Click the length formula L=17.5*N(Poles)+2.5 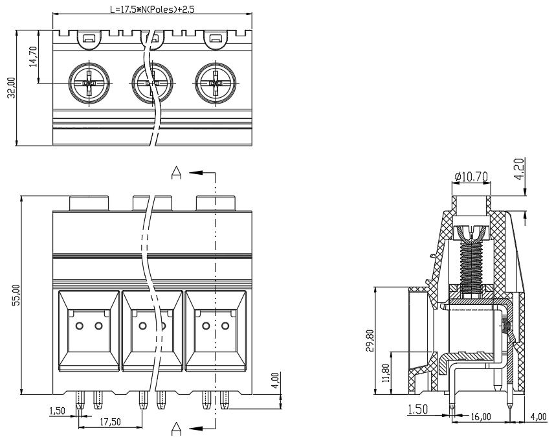(x=152, y=9)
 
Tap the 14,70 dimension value (x=33, y=56)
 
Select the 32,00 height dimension (x=11, y=87)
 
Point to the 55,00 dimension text (x=16, y=295)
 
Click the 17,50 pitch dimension (x=110, y=422)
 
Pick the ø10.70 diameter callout (x=471, y=176)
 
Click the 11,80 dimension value (x=386, y=373)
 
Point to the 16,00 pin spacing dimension (x=480, y=417)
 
